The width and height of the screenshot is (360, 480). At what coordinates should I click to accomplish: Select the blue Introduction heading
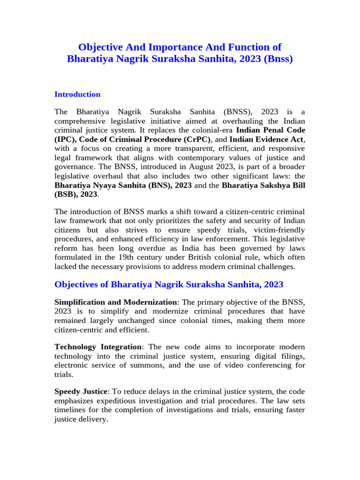(77, 94)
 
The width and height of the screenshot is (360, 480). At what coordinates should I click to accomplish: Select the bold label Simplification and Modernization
(116, 302)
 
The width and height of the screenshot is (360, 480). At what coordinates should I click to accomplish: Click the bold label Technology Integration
(97, 346)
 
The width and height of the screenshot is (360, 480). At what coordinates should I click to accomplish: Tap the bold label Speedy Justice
(81, 390)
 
